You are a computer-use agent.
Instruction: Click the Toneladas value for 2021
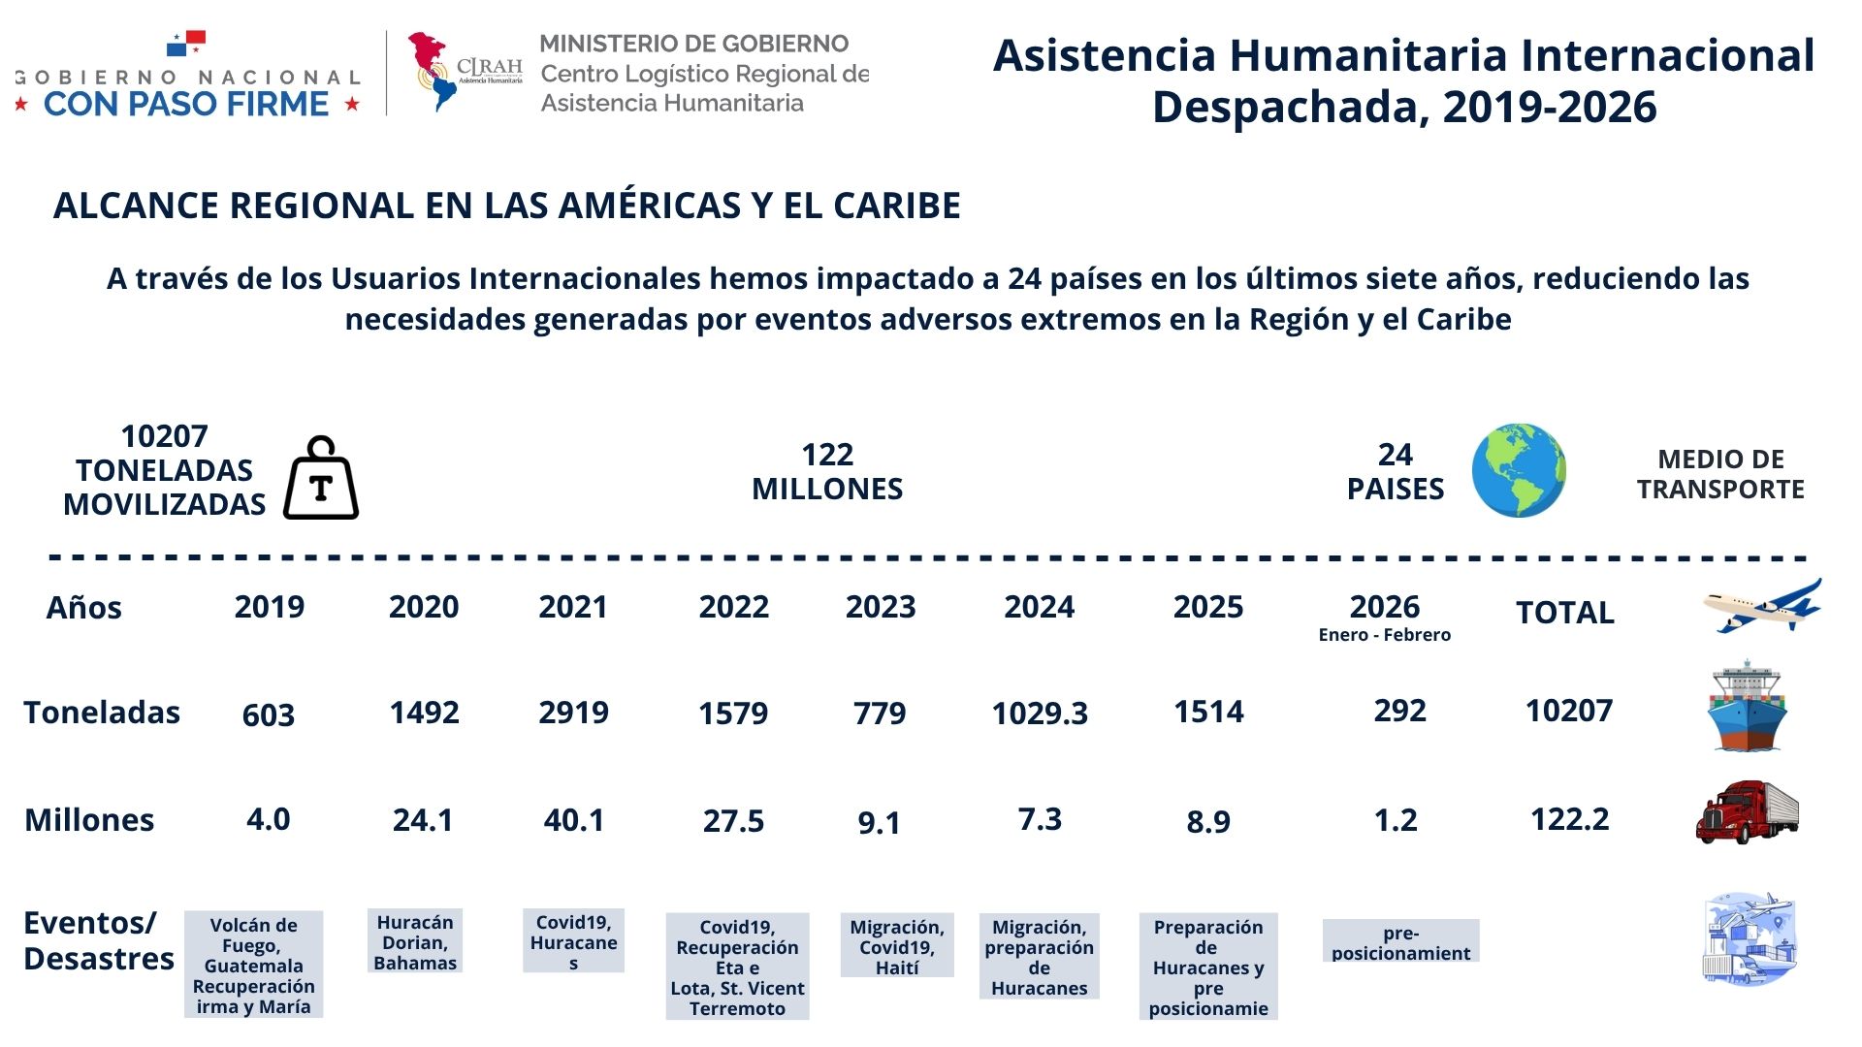coord(573,713)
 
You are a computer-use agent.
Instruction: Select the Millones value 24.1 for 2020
coord(423,820)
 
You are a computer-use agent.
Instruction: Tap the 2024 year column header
coord(1039,607)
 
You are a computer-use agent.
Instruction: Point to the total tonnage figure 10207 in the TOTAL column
coord(1568,711)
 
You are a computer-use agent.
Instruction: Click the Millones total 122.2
coord(1569,819)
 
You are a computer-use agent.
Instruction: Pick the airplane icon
coord(1761,607)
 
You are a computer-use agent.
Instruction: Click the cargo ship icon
coord(1747,707)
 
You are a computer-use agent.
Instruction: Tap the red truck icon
coord(1747,811)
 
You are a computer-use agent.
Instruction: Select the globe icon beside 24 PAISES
coord(1518,470)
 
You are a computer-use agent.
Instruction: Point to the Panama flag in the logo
coord(186,43)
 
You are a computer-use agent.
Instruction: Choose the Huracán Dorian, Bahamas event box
coord(415,941)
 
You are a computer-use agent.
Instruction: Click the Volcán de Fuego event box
coord(253,965)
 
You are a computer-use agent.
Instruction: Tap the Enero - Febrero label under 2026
coord(1384,635)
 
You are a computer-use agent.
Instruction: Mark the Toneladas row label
coord(102,713)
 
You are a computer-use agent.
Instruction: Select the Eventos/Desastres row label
coord(98,940)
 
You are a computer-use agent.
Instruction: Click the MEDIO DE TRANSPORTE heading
coord(1720,474)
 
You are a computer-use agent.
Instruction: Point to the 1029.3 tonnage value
coord(1039,714)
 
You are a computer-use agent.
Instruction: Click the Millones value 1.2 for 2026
coord(1396,820)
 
